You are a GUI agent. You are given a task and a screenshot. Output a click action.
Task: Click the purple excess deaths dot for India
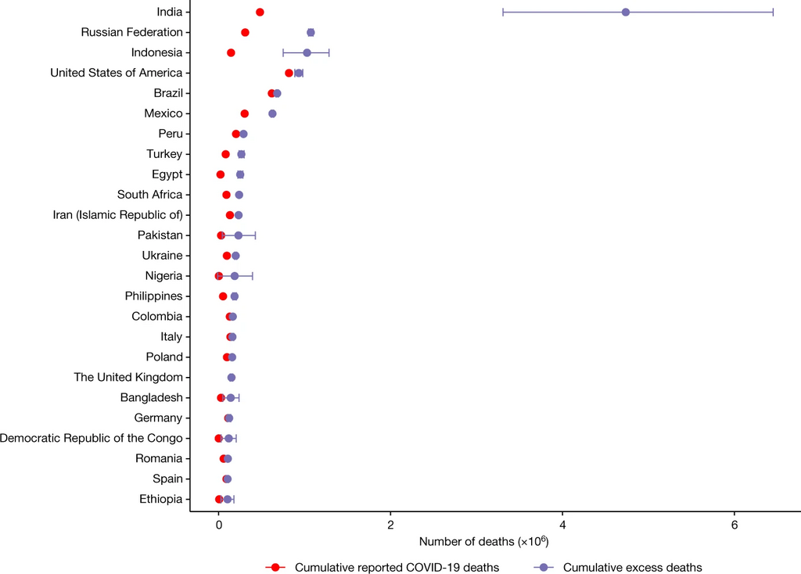click(626, 12)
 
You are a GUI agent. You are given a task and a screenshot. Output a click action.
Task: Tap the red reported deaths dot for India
click(260, 12)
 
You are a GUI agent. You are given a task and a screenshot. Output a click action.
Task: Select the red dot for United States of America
click(289, 73)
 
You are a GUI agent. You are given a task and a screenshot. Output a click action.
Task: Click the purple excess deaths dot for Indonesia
click(307, 52)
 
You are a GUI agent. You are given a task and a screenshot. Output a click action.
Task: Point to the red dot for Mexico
click(245, 113)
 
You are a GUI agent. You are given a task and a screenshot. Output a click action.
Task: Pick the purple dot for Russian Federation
click(311, 32)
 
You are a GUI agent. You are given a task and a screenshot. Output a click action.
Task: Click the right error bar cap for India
click(773, 12)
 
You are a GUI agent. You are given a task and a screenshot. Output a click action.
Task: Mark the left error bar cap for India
click(503, 12)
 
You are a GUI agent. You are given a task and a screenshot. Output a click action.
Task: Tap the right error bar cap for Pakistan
click(255, 235)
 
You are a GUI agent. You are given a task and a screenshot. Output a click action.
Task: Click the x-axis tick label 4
click(562, 524)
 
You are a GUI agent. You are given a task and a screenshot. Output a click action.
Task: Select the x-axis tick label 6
click(735, 524)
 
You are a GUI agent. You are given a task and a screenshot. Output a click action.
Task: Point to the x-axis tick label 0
click(218, 524)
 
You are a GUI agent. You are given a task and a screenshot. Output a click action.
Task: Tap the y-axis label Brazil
click(168, 93)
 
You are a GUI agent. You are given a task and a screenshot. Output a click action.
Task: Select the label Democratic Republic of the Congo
click(91, 438)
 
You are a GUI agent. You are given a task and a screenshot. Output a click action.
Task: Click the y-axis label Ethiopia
click(161, 499)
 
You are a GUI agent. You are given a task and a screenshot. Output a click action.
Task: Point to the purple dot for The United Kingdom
click(232, 378)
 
